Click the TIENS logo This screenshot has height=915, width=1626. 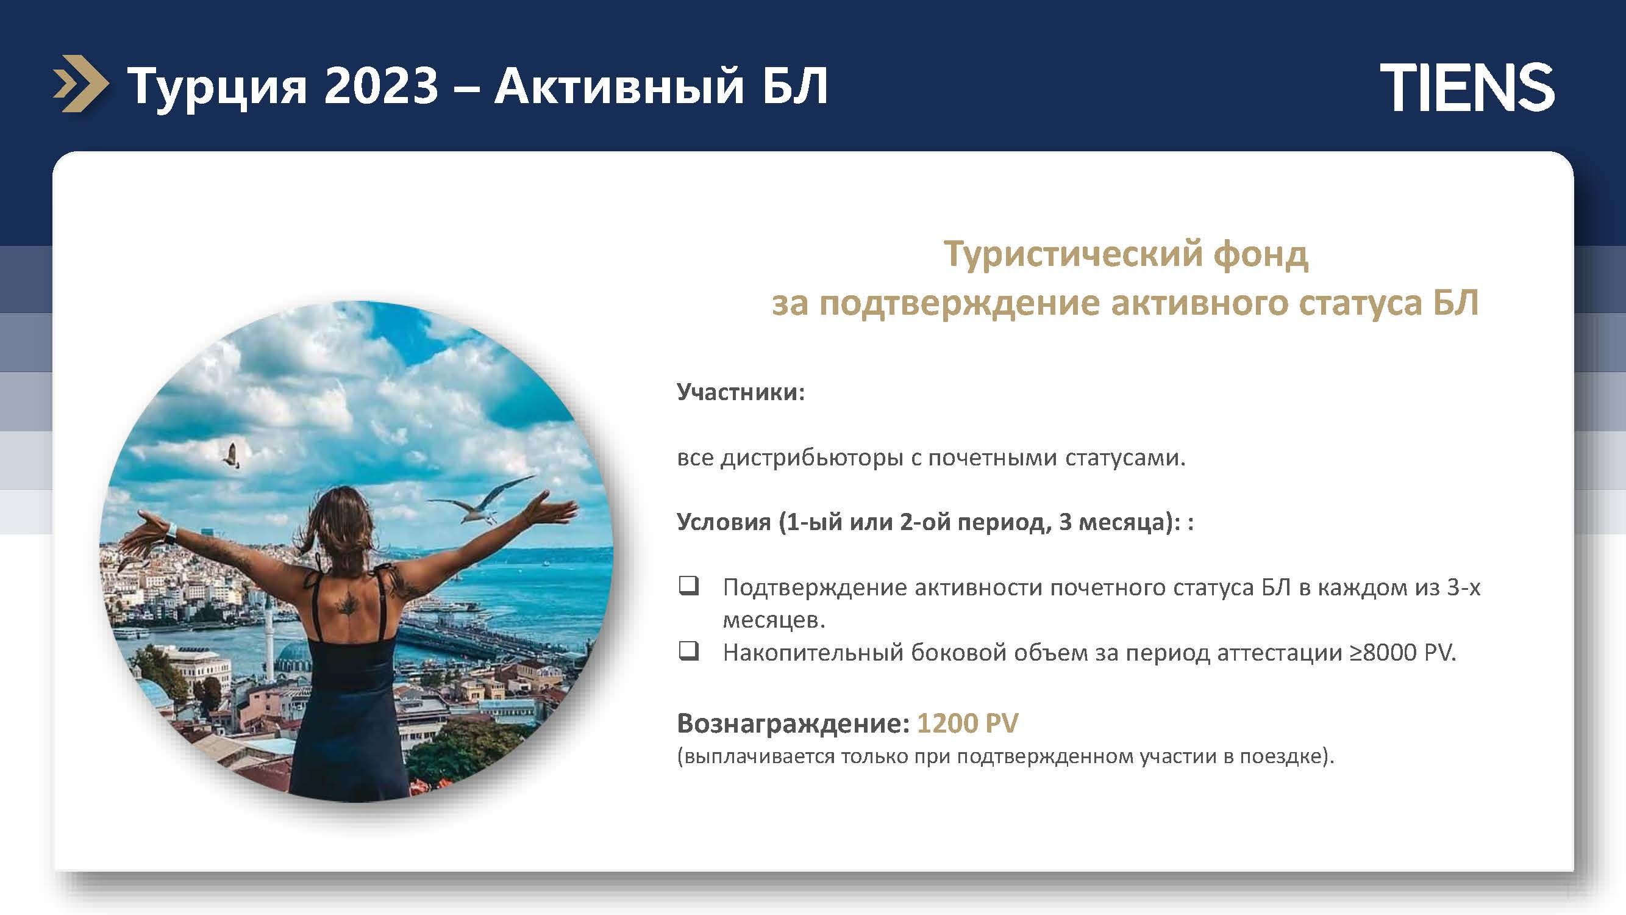[1467, 88]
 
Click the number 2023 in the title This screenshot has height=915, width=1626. [380, 87]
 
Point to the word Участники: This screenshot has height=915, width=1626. [741, 392]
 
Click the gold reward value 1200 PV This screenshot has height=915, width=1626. [968, 723]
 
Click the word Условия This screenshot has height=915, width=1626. [723, 522]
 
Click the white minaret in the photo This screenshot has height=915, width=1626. [269, 635]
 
